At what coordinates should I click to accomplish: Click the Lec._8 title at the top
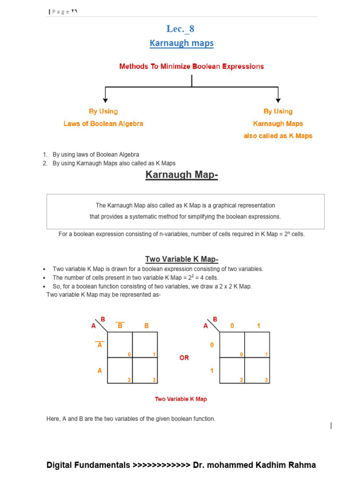pos(181,29)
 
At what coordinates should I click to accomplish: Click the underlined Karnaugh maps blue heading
pos(181,43)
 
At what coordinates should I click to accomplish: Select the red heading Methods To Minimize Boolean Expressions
pos(191,67)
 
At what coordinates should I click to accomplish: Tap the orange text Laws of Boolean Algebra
pos(103,124)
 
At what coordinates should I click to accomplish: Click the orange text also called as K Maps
pos(278,136)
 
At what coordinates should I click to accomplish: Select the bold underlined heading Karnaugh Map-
pos(182,175)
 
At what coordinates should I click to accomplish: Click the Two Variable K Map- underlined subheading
pos(182,259)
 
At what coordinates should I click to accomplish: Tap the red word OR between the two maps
pos(184,358)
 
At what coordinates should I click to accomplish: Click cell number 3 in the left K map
pos(145,370)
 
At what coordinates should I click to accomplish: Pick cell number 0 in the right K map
pos(232,345)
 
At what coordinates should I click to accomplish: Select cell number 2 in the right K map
pos(232,370)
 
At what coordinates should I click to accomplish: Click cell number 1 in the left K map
pos(145,345)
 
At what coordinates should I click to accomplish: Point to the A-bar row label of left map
pos(99,345)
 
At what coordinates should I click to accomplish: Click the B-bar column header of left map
pos(120,325)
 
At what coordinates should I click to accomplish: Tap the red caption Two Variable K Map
pos(181,399)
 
